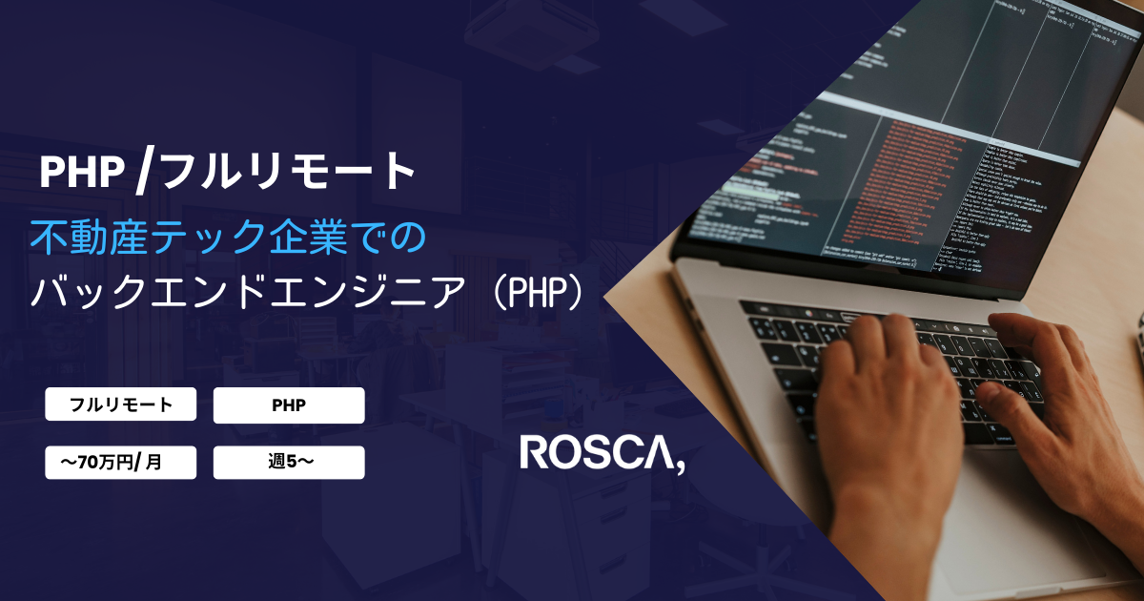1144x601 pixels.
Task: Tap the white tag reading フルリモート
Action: pos(121,404)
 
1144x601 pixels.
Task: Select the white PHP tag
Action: pos(289,404)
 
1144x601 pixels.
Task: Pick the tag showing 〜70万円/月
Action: pos(121,463)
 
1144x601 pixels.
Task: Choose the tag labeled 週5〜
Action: pos(289,463)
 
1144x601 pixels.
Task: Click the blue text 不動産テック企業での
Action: pos(225,237)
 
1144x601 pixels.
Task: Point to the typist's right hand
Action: pos(1058,401)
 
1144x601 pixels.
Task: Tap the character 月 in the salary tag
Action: pos(154,463)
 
